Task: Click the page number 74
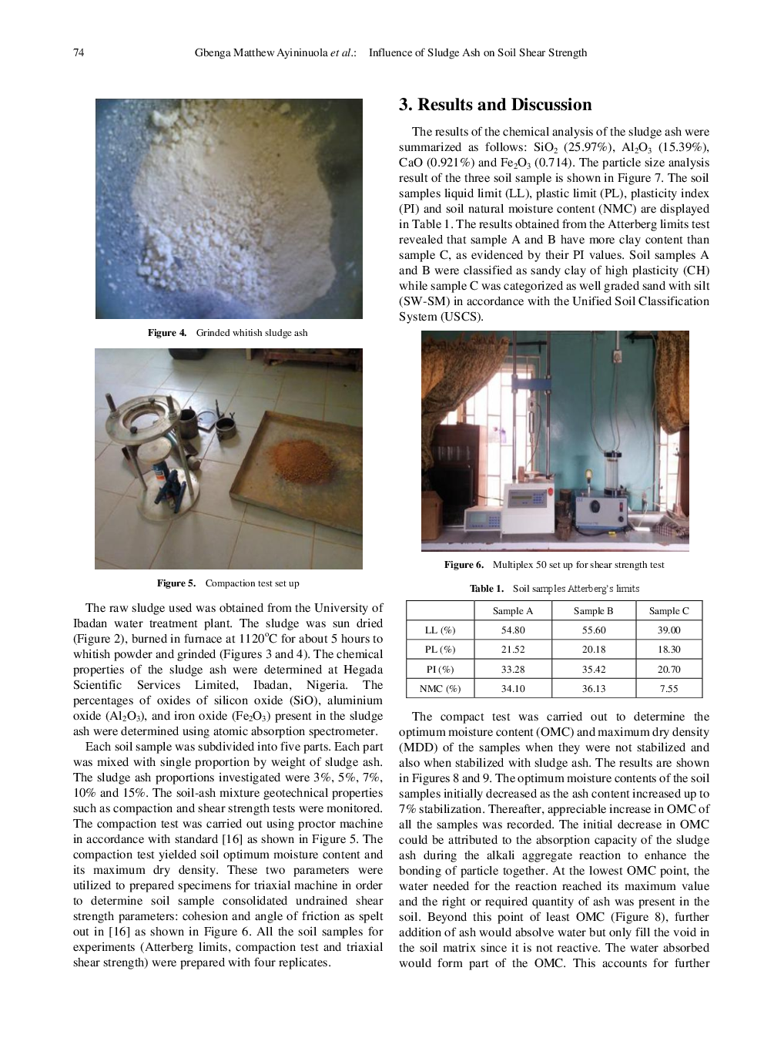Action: pos(79,52)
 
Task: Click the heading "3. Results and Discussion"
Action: pos(495,105)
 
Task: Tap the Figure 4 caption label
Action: pos(167,333)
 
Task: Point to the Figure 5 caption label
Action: pos(176,583)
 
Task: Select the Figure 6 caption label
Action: pos(464,565)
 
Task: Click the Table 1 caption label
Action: pos(487,589)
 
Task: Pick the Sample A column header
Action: pos(513,611)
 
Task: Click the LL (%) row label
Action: pos(440,630)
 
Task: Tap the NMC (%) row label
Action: pos(440,689)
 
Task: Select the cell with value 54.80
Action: pos(513,630)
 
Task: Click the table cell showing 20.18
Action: pos(594,650)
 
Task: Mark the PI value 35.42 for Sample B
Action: pos(594,670)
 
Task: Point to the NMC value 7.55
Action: pos(668,689)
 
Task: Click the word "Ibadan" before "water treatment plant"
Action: pos(90,623)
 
